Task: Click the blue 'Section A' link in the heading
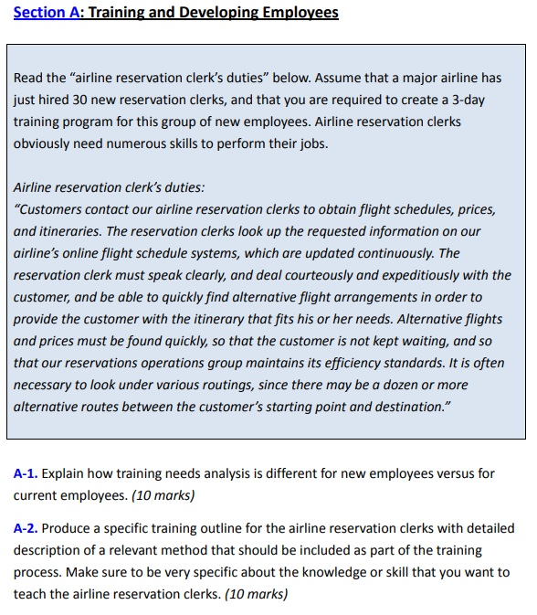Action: click(x=46, y=13)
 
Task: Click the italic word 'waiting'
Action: click(x=427, y=341)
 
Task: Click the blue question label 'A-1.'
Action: click(x=26, y=473)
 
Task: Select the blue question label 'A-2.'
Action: click(x=26, y=528)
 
